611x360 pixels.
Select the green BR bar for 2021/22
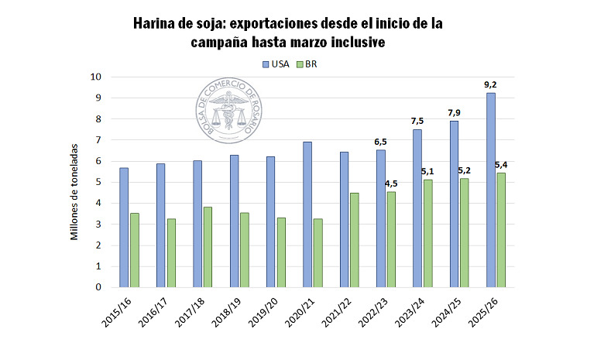click(355, 240)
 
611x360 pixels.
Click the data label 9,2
click(490, 84)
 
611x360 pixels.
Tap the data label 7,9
click(454, 113)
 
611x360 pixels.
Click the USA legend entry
click(275, 64)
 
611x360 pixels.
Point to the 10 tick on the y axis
click(97, 77)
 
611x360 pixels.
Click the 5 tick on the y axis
click(99, 182)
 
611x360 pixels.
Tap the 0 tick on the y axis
click(99, 287)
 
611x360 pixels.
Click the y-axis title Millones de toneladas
click(76, 191)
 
